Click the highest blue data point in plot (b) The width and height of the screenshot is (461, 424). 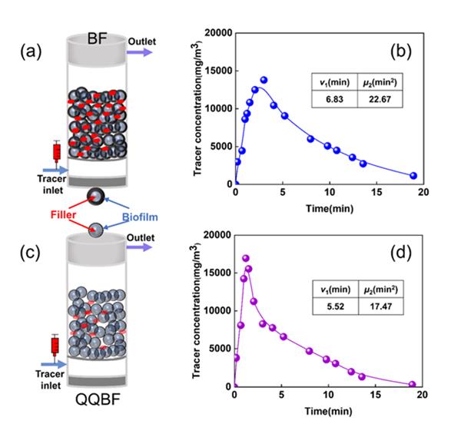click(264, 80)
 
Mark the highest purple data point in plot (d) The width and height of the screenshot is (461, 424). click(246, 259)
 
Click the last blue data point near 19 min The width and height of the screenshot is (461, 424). click(413, 176)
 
